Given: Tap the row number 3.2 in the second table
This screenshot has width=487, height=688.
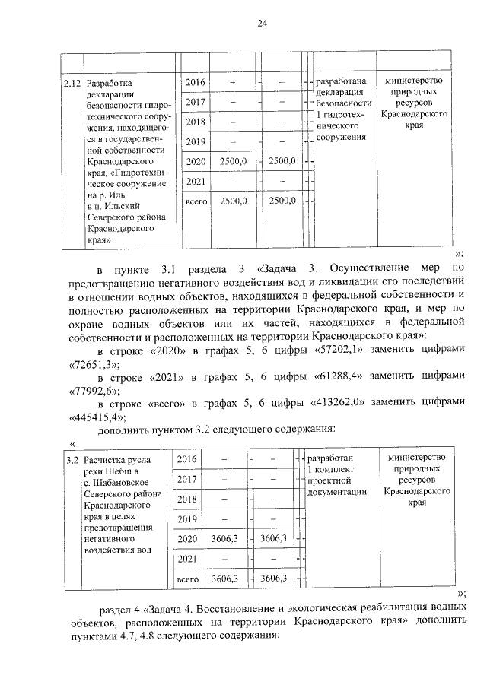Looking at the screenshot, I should (72, 460).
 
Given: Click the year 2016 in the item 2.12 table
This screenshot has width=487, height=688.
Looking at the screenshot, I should (196, 81).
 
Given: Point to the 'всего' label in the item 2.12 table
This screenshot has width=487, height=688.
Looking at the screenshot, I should (196, 201).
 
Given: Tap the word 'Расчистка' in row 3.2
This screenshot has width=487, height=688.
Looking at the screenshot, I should (107, 460).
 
